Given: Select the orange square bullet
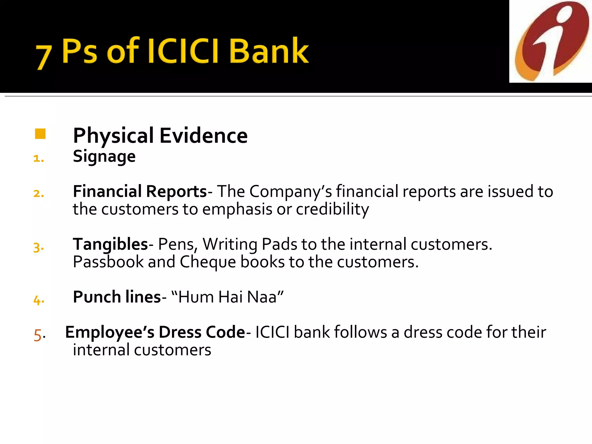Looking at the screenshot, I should (40, 134).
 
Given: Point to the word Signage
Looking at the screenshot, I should (104, 157).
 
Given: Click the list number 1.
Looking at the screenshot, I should (38, 158).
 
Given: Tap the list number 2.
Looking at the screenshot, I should (38, 193).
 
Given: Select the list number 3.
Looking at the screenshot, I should (38, 247).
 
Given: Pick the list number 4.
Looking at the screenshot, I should (38, 300).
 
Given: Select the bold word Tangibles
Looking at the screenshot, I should (110, 244).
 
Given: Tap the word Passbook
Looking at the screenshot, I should (108, 262).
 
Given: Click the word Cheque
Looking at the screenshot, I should (208, 262).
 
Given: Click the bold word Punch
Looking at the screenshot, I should (97, 297).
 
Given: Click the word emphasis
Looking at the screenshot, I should (237, 209).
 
